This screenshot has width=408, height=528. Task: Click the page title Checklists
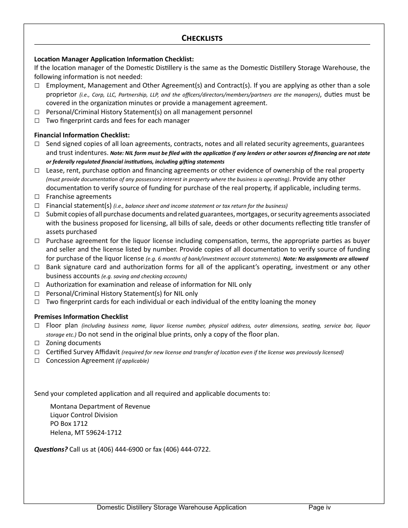pyautogui.click(x=202, y=38)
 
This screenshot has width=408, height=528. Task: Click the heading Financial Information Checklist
pyautogui.click(x=82, y=135)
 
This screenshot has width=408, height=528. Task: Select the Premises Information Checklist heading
pyautogui.click(x=81, y=317)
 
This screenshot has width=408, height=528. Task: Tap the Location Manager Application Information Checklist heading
pyautogui.click(x=114, y=59)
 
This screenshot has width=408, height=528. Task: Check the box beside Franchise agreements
pyautogui.click(x=37, y=197)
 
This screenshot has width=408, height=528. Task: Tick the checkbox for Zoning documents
pyautogui.click(x=37, y=343)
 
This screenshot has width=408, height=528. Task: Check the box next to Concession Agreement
pyautogui.click(x=37, y=361)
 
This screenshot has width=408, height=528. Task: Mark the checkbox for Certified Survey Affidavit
pyautogui.click(x=37, y=352)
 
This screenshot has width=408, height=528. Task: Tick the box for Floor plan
pyautogui.click(x=37, y=326)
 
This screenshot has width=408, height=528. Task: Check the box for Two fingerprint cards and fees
pyautogui.click(x=37, y=121)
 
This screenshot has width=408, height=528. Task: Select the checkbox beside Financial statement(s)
pyautogui.click(x=37, y=206)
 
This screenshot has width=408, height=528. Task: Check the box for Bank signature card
pyautogui.click(x=37, y=267)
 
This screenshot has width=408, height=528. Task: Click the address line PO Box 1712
pyautogui.click(x=69, y=424)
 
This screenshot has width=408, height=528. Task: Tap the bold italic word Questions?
pyautogui.click(x=51, y=449)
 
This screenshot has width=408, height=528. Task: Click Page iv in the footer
pyautogui.click(x=320, y=507)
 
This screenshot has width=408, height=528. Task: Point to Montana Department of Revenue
pyautogui.click(x=100, y=406)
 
